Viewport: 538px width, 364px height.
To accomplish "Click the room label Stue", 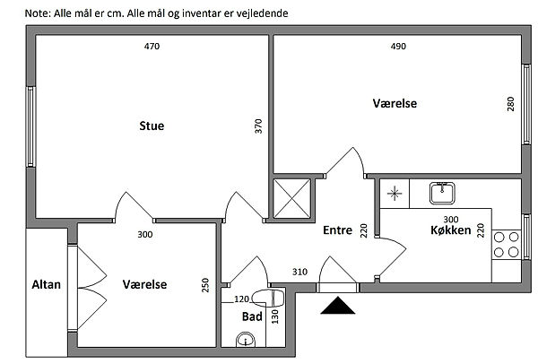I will pos(152,126).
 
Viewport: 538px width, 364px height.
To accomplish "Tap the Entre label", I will pos(337,230).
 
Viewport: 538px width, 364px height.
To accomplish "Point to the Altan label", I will pos(46,284).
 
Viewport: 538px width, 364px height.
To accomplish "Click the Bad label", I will pos(251,316).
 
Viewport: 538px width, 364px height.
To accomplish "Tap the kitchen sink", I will pos(442,193).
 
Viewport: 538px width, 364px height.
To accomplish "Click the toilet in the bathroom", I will pos(266,297).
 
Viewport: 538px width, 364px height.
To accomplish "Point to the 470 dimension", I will pos(152,47).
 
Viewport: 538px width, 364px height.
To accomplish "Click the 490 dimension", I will pos(398,47).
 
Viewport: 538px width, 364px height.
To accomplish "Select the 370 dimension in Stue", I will pos(259,126).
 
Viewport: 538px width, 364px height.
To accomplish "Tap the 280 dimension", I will pos(510,103).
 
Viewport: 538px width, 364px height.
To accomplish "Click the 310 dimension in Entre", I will pos(300,272).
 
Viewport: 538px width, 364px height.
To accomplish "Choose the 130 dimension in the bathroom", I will pos(276,314).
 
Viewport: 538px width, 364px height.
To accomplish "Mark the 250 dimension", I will pos(206,285).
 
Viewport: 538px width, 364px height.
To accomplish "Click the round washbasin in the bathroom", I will pos(244,339).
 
